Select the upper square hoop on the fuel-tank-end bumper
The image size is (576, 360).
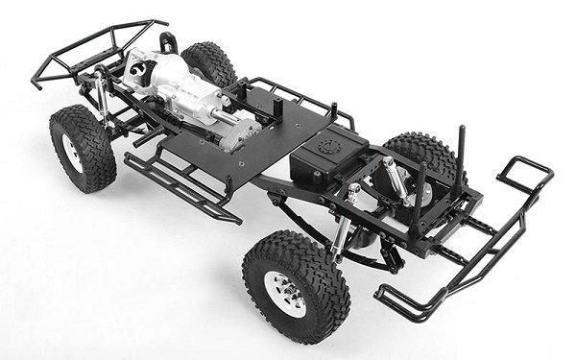pyautogui.click(x=524, y=174)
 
